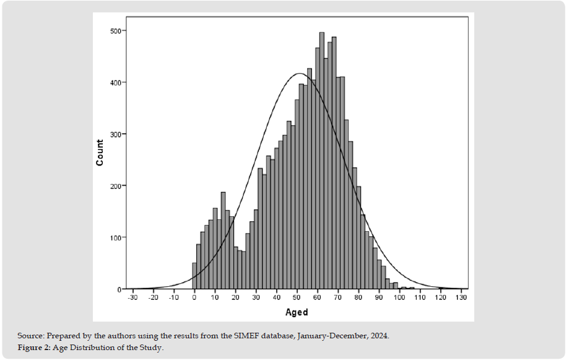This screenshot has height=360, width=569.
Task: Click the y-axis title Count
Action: (x=100, y=152)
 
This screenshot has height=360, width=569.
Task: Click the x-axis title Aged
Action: (x=297, y=312)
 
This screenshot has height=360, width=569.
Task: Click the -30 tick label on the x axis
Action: (x=132, y=298)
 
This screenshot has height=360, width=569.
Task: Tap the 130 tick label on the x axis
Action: (x=460, y=298)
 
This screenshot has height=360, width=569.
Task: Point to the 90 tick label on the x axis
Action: (x=378, y=298)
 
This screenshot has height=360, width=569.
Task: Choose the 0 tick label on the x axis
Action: (x=194, y=298)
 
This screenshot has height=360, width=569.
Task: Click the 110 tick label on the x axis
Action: (x=419, y=298)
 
